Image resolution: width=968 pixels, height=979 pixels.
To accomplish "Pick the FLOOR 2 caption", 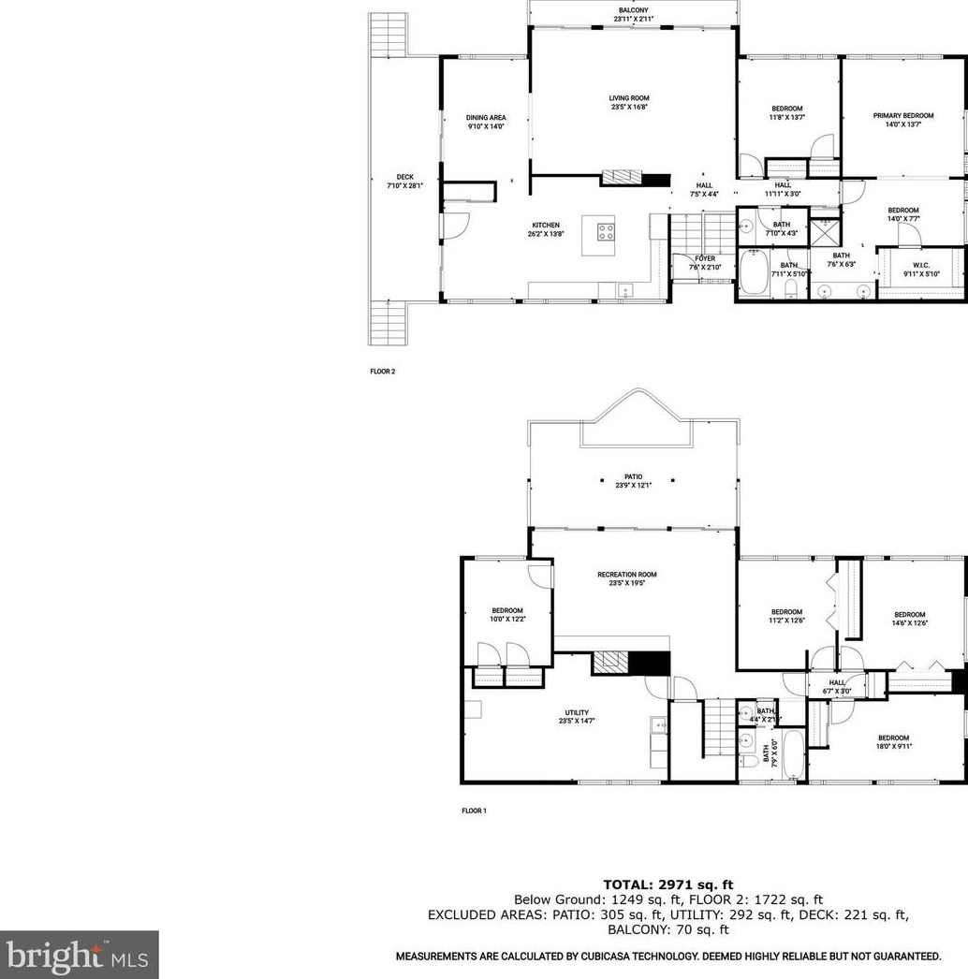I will pyautogui.click(x=382, y=372).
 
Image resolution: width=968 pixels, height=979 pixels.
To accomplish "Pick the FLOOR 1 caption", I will pyautogui.click(x=474, y=811).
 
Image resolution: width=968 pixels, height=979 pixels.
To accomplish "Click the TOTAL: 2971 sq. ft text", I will pyautogui.click(x=667, y=884).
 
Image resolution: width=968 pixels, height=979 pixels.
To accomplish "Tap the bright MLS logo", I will pyautogui.click(x=79, y=955).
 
